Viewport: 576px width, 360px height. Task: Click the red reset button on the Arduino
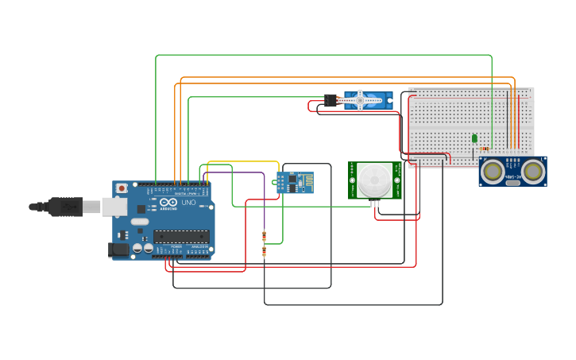(122, 188)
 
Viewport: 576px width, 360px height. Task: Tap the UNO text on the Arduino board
(189, 203)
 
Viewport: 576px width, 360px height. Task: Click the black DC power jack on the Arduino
(118, 249)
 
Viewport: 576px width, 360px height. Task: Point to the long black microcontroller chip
(181, 236)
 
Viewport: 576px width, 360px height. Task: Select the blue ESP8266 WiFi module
(295, 182)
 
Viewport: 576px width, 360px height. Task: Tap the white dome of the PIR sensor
(374, 180)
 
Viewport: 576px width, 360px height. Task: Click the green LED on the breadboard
(474, 138)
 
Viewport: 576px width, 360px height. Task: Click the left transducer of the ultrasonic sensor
(493, 170)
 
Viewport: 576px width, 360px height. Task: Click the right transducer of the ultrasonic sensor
(533, 170)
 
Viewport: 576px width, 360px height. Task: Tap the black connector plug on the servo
(331, 100)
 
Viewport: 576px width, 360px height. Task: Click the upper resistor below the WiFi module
(264, 235)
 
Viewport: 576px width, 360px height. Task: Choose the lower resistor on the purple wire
(264, 252)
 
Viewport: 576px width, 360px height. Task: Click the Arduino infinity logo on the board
(168, 203)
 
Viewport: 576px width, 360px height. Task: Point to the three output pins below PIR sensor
(374, 203)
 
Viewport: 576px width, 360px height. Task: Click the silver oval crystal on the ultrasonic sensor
(513, 183)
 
